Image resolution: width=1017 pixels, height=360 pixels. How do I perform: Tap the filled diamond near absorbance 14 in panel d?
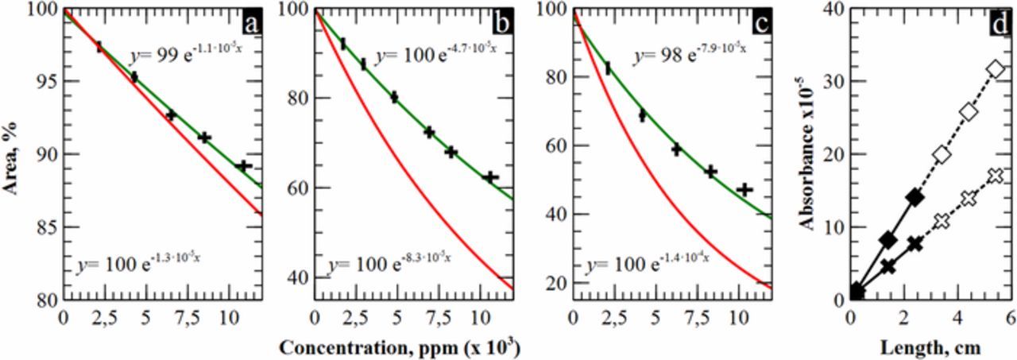coord(915,197)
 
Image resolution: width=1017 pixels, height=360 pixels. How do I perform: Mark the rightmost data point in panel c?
coord(744,190)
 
